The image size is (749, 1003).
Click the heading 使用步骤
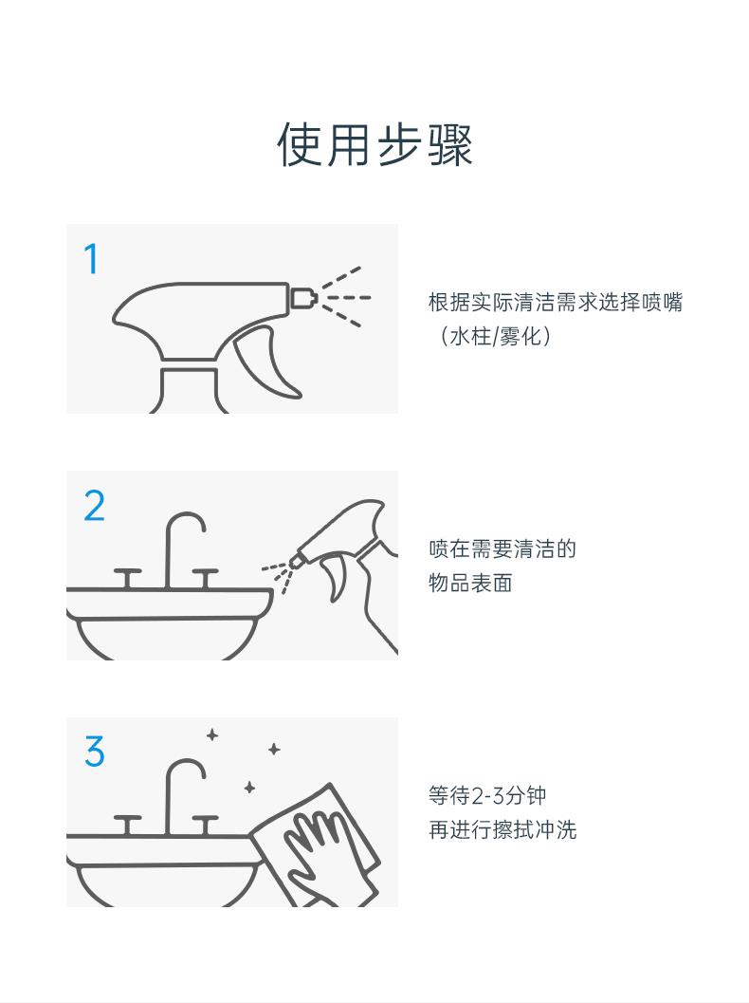point(374,144)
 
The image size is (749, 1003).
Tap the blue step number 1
point(92,259)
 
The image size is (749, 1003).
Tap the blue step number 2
point(95,506)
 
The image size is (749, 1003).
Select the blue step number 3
point(95,751)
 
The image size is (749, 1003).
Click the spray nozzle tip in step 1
point(304,297)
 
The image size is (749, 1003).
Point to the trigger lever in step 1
point(264,362)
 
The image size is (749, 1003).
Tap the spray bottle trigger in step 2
point(337,575)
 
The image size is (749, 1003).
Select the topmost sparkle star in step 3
point(212,735)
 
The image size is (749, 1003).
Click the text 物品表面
point(470,583)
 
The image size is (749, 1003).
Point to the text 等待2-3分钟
point(487,796)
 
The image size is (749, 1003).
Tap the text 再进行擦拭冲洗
point(502,829)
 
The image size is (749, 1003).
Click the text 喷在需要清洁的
point(502,548)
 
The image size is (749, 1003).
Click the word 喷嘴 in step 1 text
point(662,302)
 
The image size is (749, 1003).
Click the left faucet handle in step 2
point(128,578)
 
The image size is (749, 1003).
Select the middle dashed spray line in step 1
point(346,297)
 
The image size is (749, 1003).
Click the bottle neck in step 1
point(190,387)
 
